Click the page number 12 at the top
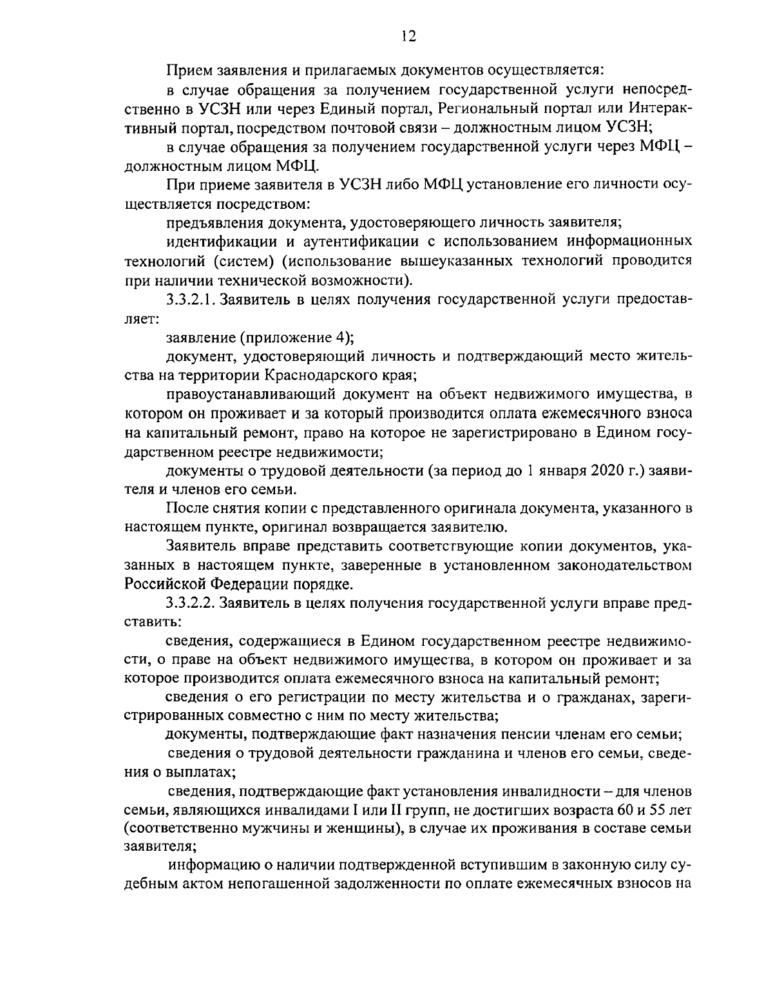tap(408, 36)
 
